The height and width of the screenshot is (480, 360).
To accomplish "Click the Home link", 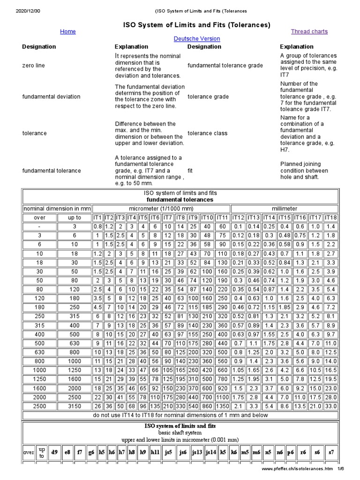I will tap(68, 31).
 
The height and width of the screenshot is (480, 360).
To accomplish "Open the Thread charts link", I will tap(309, 31).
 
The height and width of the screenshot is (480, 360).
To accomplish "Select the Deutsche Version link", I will tap(197, 39).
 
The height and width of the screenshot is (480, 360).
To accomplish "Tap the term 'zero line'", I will tap(34, 66).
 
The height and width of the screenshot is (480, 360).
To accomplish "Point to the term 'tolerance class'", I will tap(207, 133).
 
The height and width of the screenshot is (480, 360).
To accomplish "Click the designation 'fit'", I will tap(190, 171).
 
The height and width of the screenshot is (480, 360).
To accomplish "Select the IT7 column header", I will tap(167, 217).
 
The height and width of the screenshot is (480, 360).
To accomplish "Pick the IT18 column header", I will tap(331, 217).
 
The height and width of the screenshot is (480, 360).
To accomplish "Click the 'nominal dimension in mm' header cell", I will tap(57, 208).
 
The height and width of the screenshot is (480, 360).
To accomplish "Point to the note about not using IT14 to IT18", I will tap(180, 415).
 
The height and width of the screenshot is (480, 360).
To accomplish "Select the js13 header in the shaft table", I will tap(198, 452).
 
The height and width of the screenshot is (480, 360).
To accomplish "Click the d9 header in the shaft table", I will tap(54, 452).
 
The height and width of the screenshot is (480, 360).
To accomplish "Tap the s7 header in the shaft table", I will tap(331, 452).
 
